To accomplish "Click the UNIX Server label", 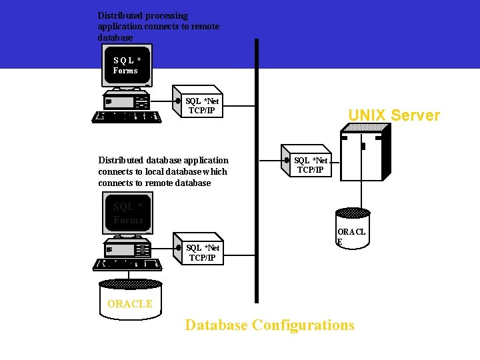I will [394, 115].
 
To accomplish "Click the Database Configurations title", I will [269, 325].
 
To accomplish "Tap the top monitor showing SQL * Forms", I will [127, 65].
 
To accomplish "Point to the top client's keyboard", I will [127, 117].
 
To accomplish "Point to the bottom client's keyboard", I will [127, 264].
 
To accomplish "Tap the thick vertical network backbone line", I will [256, 200].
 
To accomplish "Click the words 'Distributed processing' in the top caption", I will [143, 15].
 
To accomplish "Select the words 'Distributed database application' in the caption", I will [163, 160].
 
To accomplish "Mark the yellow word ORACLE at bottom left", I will [130, 304].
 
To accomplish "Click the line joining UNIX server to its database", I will [362, 193].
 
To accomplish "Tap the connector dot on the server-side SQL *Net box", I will [287, 160].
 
